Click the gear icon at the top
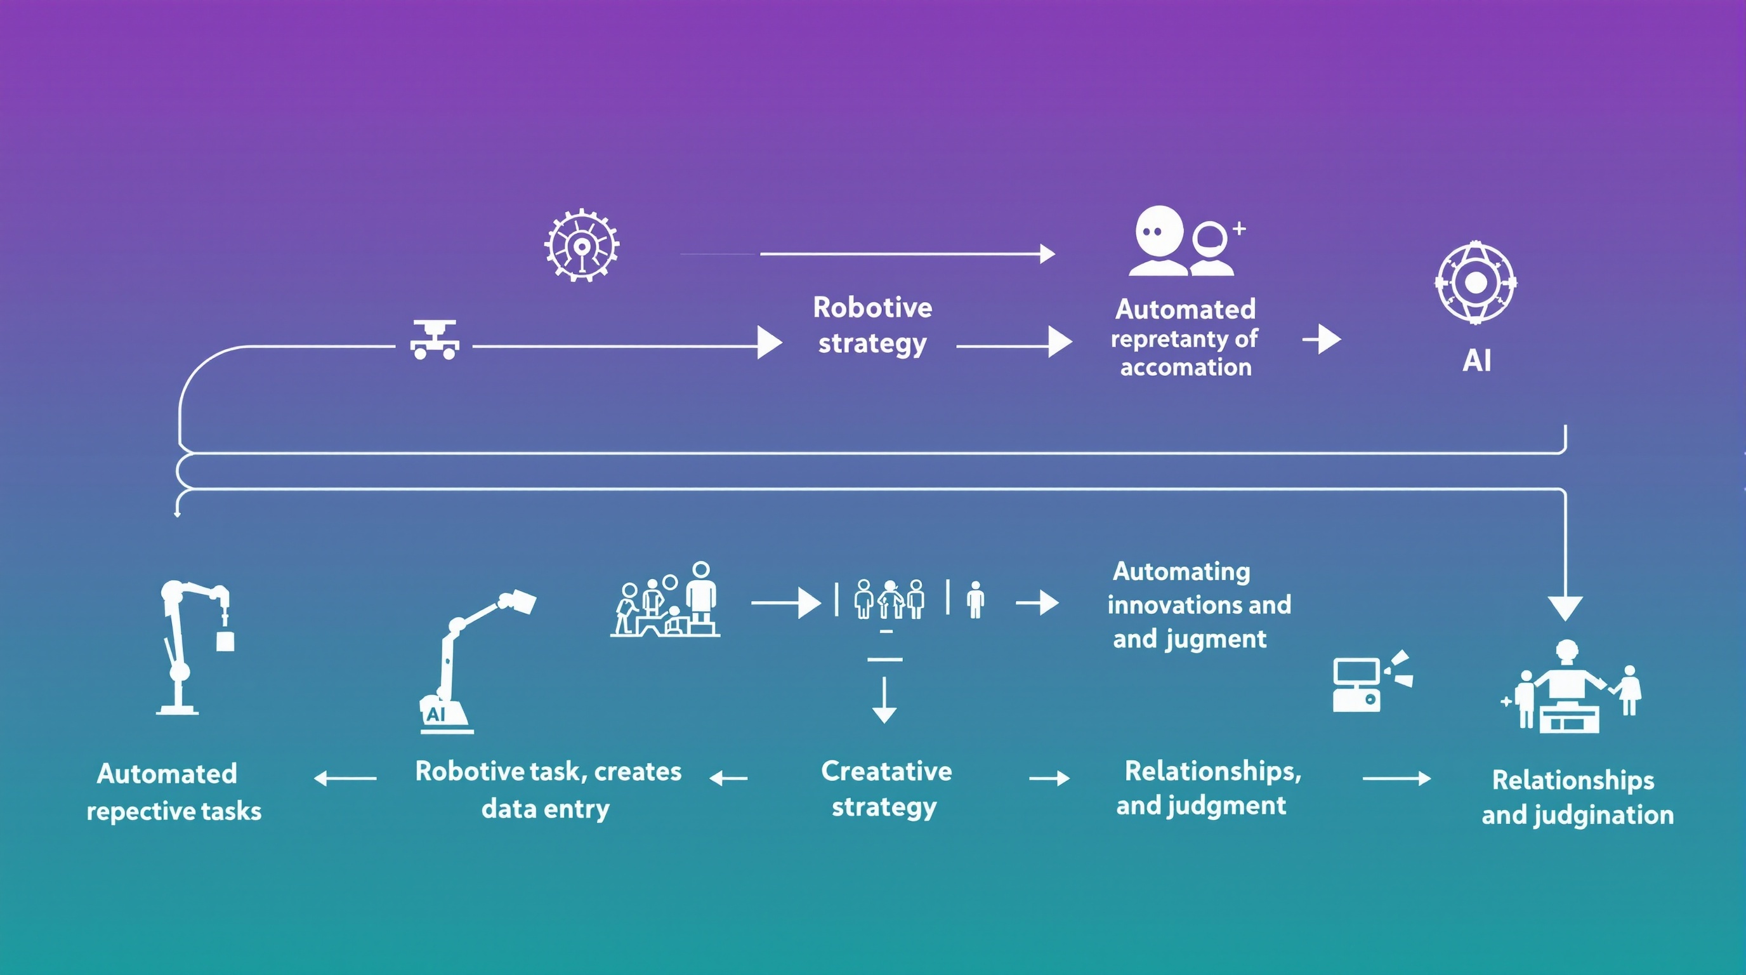[x=582, y=245]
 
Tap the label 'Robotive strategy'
[x=872, y=326]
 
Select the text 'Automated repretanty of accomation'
[x=1185, y=338]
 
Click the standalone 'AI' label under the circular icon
[x=1476, y=361]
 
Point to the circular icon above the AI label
[x=1476, y=282]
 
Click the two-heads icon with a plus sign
[x=1186, y=242]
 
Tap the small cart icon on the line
[x=435, y=340]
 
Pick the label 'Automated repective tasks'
[x=173, y=792]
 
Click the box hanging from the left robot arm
[x=225, y=640]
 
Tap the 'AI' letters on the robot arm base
[x=436, y=714]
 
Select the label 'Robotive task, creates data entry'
[x=548, y=790]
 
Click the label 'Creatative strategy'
[x=885, y=789]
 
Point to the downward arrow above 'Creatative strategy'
[x=884, y=702]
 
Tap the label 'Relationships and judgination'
[x=1577, y=797]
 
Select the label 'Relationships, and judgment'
[x=1208, y=788]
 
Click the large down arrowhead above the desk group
[x=1565, y=607]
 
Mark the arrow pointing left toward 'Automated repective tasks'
[x=345, y=778]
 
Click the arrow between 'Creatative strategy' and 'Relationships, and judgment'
[x=1049, y=778]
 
